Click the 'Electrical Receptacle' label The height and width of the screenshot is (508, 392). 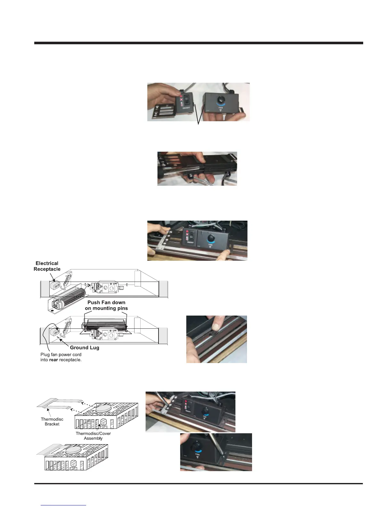47,266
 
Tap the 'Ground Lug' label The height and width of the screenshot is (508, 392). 85,348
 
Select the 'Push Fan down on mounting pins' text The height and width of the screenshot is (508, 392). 106,305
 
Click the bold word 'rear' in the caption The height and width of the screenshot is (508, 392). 53,360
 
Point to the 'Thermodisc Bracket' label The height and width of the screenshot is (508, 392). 52,421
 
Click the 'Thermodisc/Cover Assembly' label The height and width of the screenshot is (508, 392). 93,436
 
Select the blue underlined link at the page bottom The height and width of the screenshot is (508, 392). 63,505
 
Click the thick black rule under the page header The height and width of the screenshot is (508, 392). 199,43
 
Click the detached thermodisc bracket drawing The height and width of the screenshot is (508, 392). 54,404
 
